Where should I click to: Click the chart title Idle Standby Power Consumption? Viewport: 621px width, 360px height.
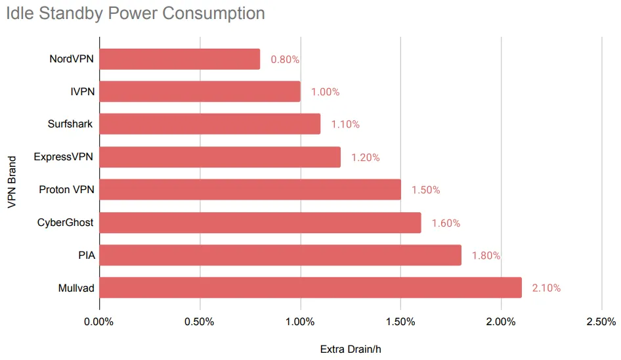[x=136, y=13]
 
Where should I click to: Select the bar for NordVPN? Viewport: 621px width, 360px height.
[x=180, y=59]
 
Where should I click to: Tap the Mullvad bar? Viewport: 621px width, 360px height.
[x=310, y=288]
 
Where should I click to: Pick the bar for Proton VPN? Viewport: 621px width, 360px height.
[x=250, y=190]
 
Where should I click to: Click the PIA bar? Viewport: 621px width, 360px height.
[x=280, y=256]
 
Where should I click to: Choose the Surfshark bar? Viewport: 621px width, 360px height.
[x=210, y=124]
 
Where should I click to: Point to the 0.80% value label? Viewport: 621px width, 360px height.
[x=285, y=60]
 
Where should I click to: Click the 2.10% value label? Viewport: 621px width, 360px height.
[x=546, y=288]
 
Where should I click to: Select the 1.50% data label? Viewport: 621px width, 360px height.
[x=425, y=190]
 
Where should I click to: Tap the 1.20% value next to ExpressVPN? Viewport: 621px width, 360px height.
[x=365, y=158]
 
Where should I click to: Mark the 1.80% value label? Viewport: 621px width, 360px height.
[x=486, y=256]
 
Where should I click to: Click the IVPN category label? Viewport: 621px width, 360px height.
[x=82, y=92]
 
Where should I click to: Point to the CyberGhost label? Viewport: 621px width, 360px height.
[x=66, y=223]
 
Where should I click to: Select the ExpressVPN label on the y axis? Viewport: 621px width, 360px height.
[x=64, y=157]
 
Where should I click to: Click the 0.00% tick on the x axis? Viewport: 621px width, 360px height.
[x=100, y=322]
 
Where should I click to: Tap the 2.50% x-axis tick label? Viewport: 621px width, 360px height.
[x=601, y=322]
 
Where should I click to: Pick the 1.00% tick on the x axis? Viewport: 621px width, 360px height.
[x=301, y=322]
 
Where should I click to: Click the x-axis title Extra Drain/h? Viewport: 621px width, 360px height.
[x=351, y=349]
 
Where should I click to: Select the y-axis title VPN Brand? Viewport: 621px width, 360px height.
[x=12, y=182]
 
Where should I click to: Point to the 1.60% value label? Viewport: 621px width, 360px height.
[x=446, y=223]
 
